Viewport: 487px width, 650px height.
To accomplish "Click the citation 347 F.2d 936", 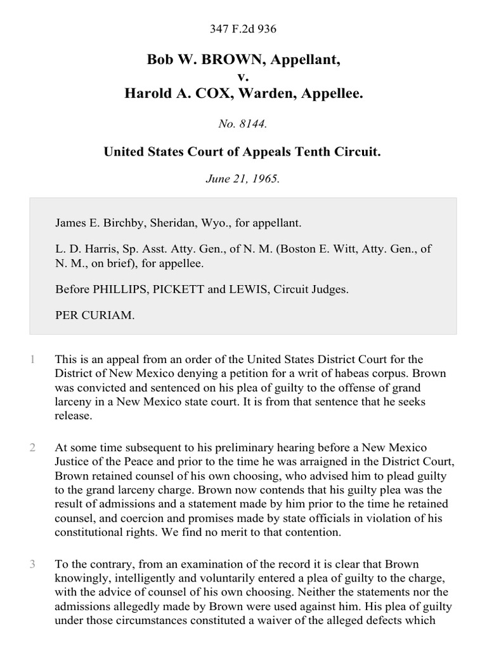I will click(243, 29).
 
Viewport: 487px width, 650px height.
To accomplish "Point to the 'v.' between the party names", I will click(243, 77).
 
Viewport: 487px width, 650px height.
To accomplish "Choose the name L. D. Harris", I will click(79, 249).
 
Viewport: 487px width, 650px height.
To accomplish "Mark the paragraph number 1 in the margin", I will click(32, 360).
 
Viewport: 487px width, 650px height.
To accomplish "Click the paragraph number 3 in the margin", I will click(32, 564).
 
